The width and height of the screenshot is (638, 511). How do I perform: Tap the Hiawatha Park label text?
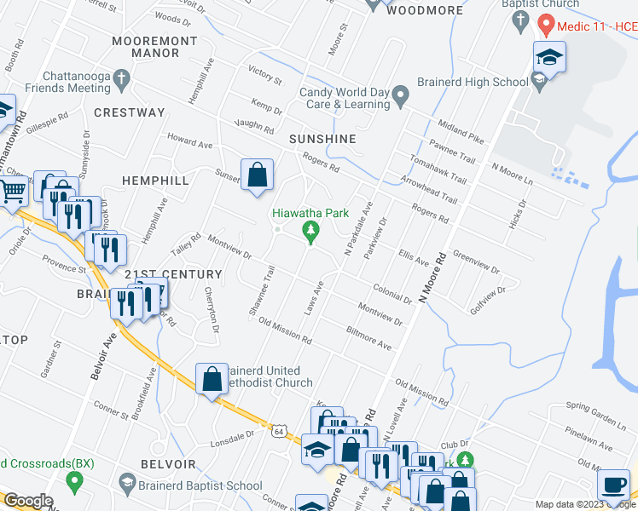[310, 213]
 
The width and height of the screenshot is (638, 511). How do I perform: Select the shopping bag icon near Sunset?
[257, 175]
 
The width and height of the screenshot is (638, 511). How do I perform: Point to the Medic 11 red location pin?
[546, 26]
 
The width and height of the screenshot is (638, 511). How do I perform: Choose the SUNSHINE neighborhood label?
[322, 138]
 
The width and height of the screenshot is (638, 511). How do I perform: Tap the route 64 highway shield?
[279, 432]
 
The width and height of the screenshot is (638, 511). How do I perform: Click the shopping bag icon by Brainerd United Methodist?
[212, 380]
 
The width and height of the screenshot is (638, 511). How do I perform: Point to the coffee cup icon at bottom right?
[613, 485]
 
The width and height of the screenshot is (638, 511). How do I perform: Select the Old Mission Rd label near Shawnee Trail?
[285, 330]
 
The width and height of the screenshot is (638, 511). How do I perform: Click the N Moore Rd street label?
[432, 281]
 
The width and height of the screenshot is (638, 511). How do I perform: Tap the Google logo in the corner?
[28, 501]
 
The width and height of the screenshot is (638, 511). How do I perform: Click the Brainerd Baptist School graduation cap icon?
[127, 485]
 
